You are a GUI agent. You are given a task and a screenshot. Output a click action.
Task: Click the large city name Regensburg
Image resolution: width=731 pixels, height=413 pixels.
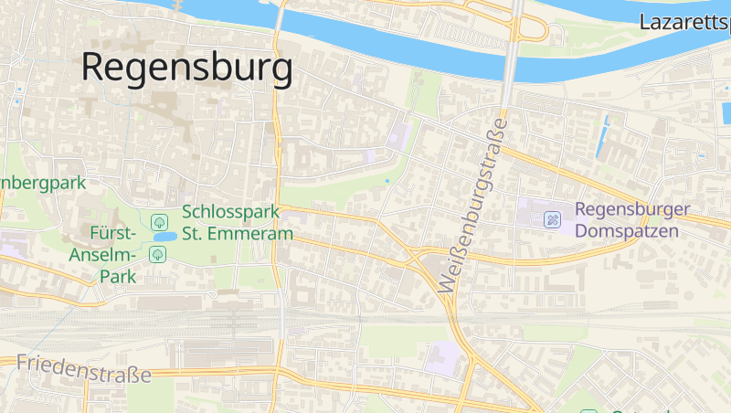[187, 68]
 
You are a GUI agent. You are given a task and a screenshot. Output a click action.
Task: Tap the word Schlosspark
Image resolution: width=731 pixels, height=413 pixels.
[230, 212]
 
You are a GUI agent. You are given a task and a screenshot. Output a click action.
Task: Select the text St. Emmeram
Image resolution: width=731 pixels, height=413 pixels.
[238, 234]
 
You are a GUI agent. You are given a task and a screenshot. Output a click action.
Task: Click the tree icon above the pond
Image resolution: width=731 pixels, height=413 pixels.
[159, 220]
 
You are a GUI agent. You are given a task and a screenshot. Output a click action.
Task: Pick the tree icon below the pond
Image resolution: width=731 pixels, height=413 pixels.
[157, 253]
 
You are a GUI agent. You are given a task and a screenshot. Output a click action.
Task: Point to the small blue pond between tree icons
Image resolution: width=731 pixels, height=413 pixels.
[164, 237]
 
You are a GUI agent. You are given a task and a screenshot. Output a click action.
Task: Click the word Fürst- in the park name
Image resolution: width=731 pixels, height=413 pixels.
[113, 232]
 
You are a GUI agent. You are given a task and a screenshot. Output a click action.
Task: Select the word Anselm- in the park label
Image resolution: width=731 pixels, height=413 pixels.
[104, 254]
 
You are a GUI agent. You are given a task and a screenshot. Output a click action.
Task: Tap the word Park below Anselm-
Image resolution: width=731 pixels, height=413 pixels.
[117, 275]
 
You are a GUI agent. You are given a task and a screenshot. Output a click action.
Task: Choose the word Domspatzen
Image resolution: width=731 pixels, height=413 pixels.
[627, 231]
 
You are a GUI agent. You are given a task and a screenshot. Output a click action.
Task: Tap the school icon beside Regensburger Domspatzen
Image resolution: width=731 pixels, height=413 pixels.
[552, 219]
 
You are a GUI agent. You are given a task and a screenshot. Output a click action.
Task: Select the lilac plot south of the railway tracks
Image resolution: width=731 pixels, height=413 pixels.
[445, 357]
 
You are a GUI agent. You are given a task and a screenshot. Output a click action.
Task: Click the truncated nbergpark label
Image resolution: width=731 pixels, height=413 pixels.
[43, 183]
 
